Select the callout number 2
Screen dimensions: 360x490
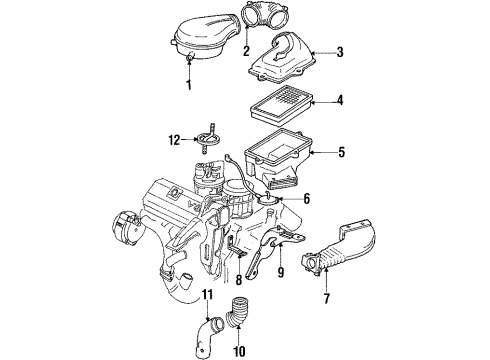click(x=245, y=50)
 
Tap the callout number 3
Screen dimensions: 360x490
click(x=339, y=52)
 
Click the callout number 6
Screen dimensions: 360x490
click(x=306, y=199)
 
